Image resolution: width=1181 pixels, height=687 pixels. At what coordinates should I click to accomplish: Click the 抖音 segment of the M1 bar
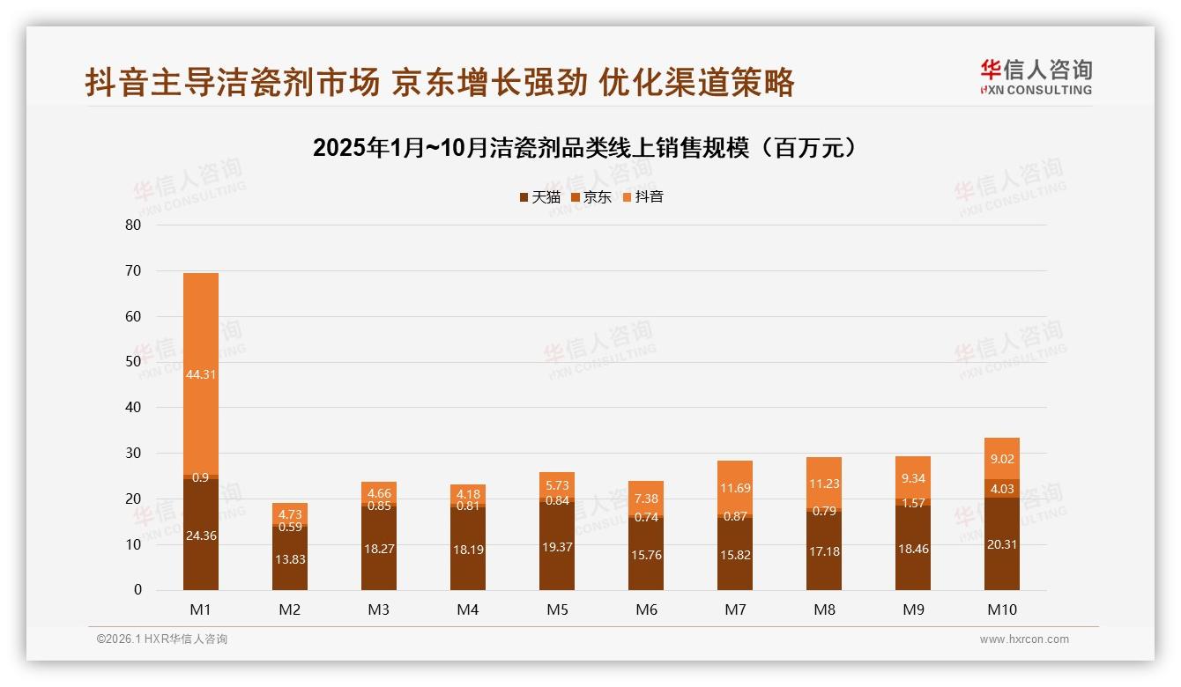[201, 373]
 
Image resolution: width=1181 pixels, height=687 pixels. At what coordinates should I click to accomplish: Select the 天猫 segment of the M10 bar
[1002, 544]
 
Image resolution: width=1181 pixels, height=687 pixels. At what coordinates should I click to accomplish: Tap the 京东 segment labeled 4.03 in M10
[1002, 489]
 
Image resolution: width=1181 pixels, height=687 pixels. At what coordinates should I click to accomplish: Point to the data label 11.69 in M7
[735, 487]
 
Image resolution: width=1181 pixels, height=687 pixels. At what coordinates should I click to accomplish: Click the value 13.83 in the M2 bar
[290, 559]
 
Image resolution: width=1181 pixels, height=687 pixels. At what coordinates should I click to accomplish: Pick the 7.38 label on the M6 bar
[646, 499]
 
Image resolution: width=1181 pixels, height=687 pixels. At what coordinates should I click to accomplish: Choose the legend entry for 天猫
[539, 197]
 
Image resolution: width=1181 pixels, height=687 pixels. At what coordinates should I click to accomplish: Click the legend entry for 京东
[591, 197]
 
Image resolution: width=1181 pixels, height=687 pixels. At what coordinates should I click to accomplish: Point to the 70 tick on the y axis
[133, 270]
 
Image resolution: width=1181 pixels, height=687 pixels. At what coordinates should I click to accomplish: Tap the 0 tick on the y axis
[137, 590]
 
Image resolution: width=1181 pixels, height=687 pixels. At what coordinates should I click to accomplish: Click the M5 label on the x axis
[557, 609]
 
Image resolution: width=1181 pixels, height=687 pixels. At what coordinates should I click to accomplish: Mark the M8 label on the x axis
[824, 609]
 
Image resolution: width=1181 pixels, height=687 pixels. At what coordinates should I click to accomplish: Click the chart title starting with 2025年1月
[584, 148]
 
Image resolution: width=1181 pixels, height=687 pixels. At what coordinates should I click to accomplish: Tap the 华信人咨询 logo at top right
[1036, 77]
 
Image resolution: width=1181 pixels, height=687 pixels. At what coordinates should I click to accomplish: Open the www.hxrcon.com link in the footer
[1024, 639]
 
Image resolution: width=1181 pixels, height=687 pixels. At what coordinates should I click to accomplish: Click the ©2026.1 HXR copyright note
[162, 639]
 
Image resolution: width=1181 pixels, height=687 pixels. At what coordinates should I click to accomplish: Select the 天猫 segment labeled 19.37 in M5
[557, 546]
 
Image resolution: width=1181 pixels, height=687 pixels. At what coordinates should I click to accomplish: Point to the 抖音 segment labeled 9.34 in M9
[913, 478]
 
